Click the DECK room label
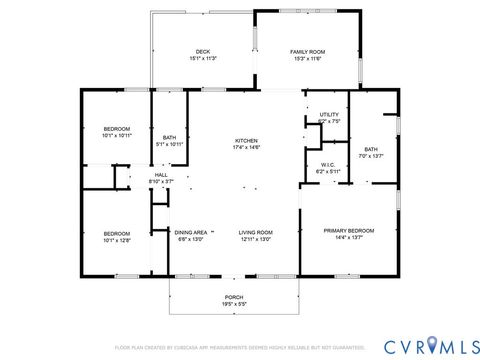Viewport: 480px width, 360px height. click(x=203, y=51)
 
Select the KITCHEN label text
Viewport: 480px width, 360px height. click(x=246, y=140)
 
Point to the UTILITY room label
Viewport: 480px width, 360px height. click(x=329, y=115)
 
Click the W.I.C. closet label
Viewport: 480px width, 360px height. click(x=328, y=164)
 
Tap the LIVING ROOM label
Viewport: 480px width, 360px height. click(x=256, y=232)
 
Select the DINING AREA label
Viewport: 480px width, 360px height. click(x=191, y=232)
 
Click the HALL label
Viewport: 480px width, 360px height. click(x=160, y=175)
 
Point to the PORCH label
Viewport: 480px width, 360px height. click(x=233, y=298)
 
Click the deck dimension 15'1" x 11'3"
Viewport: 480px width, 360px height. click(x=203, y=59)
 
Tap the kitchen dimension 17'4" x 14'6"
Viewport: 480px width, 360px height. click(x=246, y=148)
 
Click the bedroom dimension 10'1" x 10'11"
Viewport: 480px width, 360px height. click(x=117, y=136)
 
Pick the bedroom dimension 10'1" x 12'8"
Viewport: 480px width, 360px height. click(x=117, y=240)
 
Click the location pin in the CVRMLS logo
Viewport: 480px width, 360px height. click(x=431, y=345)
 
